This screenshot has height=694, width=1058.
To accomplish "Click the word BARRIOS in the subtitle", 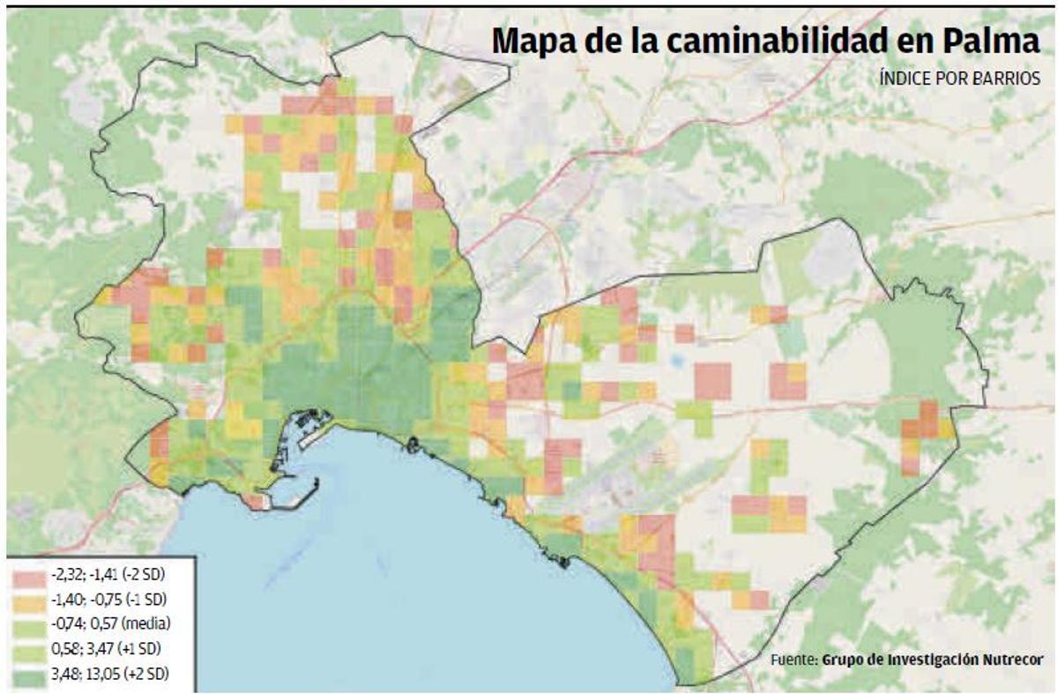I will point(1009,78).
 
